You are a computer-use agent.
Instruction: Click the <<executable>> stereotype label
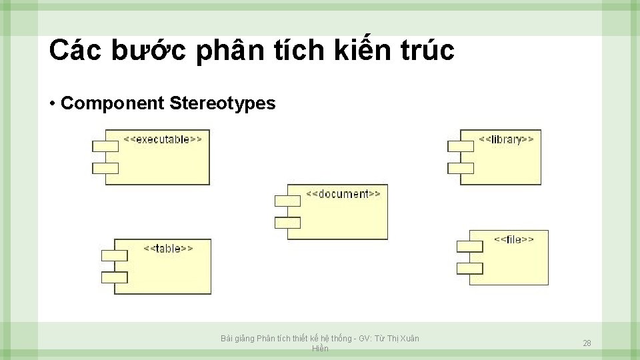163,139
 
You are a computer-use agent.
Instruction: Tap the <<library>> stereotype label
506,139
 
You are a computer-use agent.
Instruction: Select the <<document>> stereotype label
343,194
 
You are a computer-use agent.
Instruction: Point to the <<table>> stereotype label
168,249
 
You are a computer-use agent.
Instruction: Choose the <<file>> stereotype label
513,239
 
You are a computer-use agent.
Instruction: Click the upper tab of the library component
461,145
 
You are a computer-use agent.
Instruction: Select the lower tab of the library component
461,167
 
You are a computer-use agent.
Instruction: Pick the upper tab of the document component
287,200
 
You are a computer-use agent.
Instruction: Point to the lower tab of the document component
287,223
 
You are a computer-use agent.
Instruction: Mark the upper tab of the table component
114,255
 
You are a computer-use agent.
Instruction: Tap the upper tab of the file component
469,245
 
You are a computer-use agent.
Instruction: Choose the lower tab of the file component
469,268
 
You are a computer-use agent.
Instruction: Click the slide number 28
587,343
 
